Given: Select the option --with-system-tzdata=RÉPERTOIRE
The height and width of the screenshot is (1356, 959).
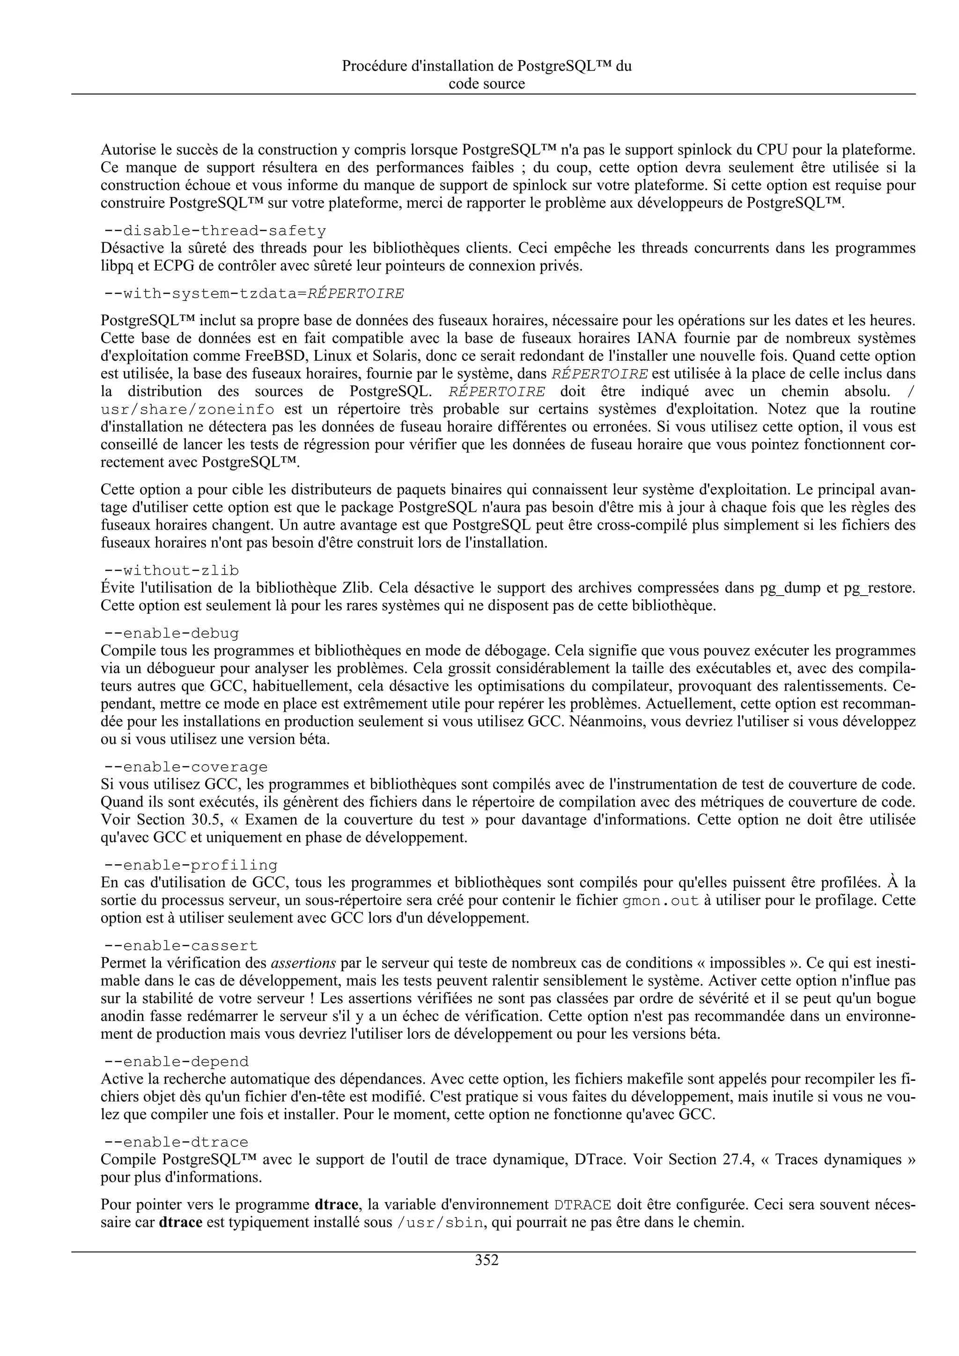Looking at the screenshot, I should (254, 293).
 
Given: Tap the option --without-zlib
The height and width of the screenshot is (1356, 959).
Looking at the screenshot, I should (171, 570).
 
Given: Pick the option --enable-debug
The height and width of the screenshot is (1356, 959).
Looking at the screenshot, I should (171, 634).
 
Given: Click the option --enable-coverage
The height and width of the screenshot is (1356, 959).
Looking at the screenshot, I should (185, 767).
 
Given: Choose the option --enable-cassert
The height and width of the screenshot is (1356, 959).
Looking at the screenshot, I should (181, 946).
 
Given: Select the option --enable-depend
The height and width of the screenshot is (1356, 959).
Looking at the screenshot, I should (176, 1061).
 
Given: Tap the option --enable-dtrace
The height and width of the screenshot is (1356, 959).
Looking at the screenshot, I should (176, 1142).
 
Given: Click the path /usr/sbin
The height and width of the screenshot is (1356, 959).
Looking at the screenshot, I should (440, 1222).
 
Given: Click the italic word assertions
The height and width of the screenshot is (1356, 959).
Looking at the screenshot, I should (303, 963).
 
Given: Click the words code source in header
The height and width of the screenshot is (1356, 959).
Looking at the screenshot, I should (487, 84).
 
